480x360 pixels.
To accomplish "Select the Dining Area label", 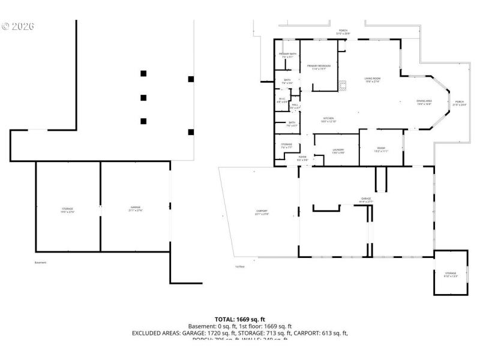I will click(x=424, y=103).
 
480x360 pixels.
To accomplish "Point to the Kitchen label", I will click(x=329, y=119).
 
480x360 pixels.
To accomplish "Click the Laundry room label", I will click(x=338, y=151).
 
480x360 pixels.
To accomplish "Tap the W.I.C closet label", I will click(x=281, y=100).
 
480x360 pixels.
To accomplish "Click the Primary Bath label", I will click(x=287, y=56).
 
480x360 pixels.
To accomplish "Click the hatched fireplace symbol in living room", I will click(x=342, y=85).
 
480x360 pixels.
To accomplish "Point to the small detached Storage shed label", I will click(x=451, y=274).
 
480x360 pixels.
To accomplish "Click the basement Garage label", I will click(x=136, y=209).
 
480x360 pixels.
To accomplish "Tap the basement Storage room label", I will click(x=67, y=210).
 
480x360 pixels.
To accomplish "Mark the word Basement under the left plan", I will click(x=40, y=262).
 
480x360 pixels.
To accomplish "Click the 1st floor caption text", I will click(x=240, y=266).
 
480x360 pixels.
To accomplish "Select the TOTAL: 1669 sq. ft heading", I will click(x=240, y=319).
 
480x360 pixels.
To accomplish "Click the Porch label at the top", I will click(x=343, y=32).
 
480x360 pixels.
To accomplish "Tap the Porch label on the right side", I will click(x=459, y=103).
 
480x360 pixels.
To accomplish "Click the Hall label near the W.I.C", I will click(x=295, y=106).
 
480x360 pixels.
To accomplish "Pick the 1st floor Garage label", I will click(x=366, y=200).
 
